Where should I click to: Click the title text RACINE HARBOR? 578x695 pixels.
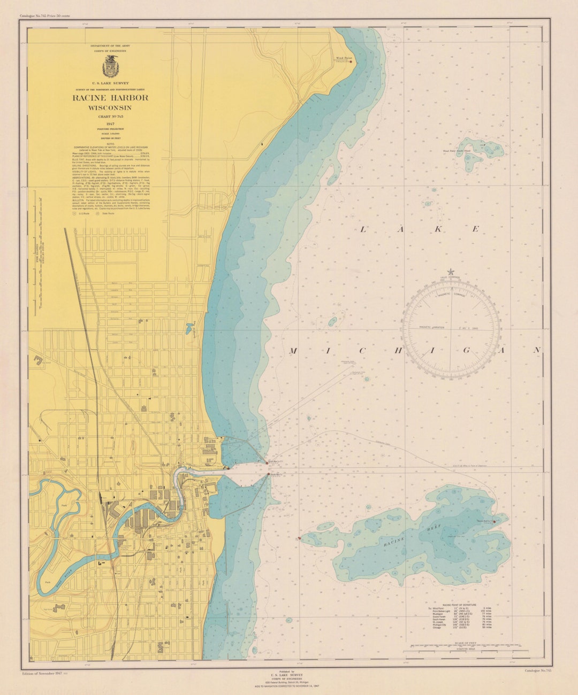[110, 98]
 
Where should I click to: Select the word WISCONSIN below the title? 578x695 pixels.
[110, 108]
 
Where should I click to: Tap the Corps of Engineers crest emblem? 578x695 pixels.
[110, 66]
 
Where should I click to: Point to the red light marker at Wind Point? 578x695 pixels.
[351, 61]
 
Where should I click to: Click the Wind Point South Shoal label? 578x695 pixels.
[456, 151]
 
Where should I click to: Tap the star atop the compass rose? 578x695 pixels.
[451, 272]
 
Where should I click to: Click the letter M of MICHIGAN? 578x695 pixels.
[293, 351]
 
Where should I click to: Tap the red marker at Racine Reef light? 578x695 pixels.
[494, 521]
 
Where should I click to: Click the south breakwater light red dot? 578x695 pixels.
[268, 474]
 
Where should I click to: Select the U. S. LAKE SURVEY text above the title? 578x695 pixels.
[110, 83]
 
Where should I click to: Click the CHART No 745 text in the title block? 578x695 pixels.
[110, 116]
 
